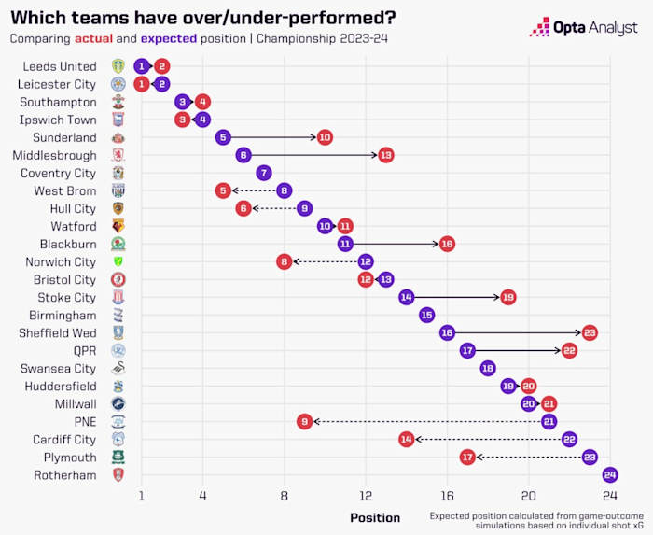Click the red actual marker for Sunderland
point(325,137)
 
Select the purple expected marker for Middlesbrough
point(243,155)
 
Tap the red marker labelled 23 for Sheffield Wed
point(590,332)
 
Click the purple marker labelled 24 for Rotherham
point(610,474)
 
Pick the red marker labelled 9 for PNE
point(304,421)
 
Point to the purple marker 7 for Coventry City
point(264,173)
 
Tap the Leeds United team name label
point(60,66)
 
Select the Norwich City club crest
point(118,261)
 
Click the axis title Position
point(375,517)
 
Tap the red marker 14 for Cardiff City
point(406,439)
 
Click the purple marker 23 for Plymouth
point(590,457)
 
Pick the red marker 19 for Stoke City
point(508,297)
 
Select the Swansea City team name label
point(58,368)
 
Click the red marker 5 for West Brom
point(223,190)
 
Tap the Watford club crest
point(118,226)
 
